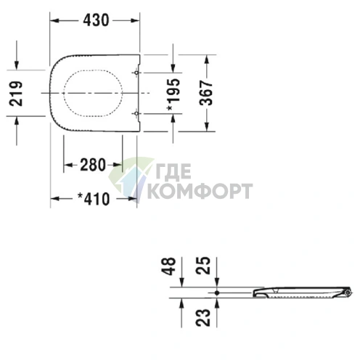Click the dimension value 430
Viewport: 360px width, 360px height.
[x=96, y=21]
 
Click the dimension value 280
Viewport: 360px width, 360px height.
[x=93, y=164]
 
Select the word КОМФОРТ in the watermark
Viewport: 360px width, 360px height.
[x=200, y=191]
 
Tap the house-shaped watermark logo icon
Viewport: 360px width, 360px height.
[x=128, y=179]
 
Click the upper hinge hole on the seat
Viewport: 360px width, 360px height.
[x=136, y=73]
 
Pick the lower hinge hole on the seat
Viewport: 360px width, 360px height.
[x=136, y=112]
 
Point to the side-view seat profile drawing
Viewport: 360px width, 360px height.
[x=301, y=292]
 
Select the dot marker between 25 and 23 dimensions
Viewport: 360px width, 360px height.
[x=216, y=292]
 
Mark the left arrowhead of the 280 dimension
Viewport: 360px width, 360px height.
[x=67, y=164]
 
